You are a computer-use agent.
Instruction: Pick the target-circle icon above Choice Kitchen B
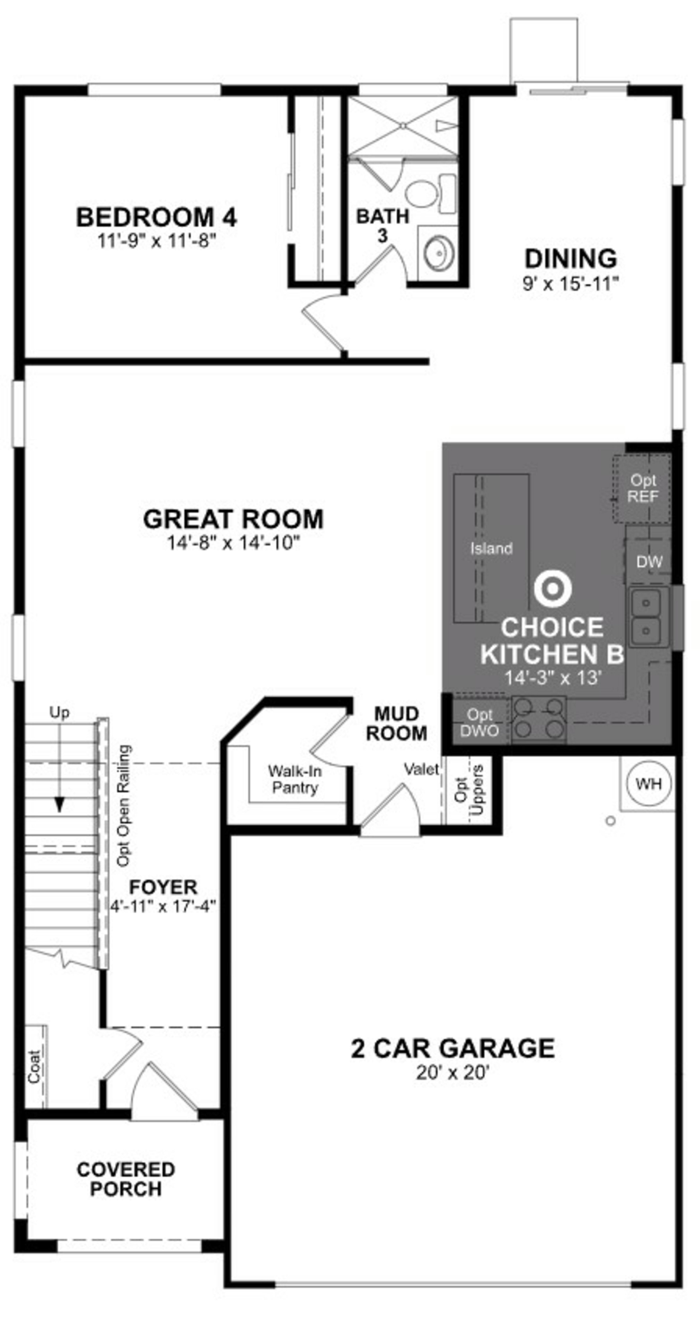(x=553, y=589)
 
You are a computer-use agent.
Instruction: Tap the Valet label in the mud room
(x=421, y=769)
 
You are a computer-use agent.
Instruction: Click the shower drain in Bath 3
(x=403, y=125)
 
